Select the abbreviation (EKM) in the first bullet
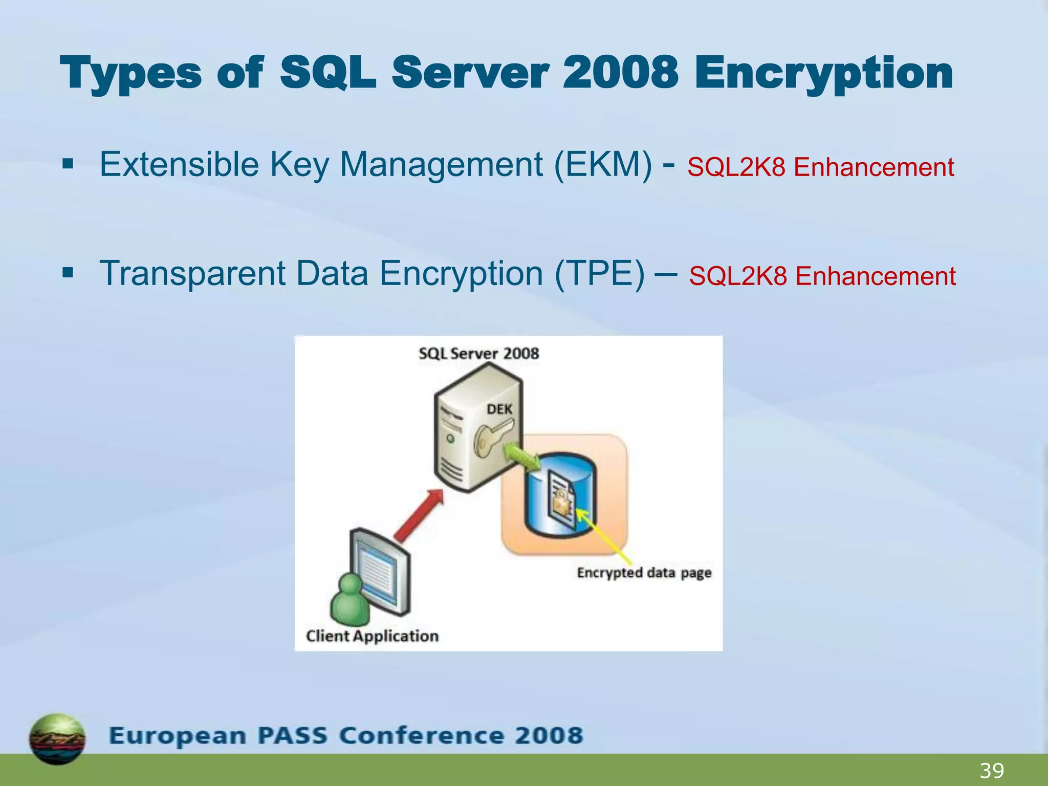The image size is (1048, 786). click(603, 165)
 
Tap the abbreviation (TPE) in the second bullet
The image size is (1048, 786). click(600, 273)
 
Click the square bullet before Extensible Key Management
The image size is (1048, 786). click(68, 165)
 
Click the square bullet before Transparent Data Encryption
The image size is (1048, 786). click(68, 273)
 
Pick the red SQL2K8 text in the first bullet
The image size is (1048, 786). click(736, 167)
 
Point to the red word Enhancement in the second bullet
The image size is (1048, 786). click(876, 276)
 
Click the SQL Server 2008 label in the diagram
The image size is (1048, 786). click(478, 354)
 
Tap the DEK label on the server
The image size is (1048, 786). click(499, 409)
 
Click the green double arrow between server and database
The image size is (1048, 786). click(522, 457)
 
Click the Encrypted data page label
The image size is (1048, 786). click(644, 573)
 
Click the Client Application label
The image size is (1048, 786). click(372, 636)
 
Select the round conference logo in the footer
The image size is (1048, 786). click(57, 738)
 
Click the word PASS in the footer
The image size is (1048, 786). click(292, 736)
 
